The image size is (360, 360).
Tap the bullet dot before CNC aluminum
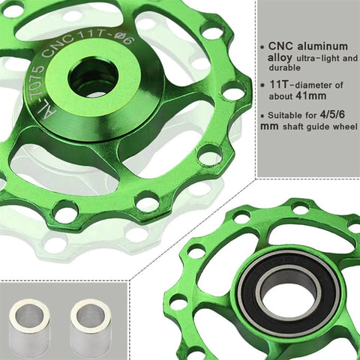click(262, 45)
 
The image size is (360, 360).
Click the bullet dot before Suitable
click(262, 116)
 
